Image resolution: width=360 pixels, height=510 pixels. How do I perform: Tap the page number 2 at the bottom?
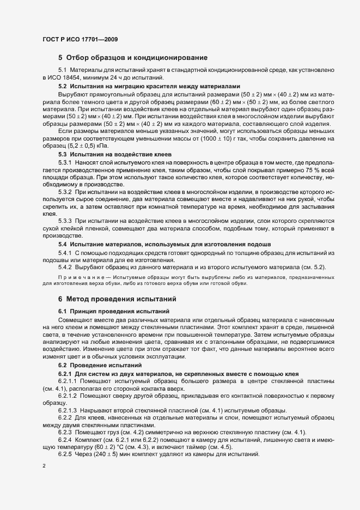44,467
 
